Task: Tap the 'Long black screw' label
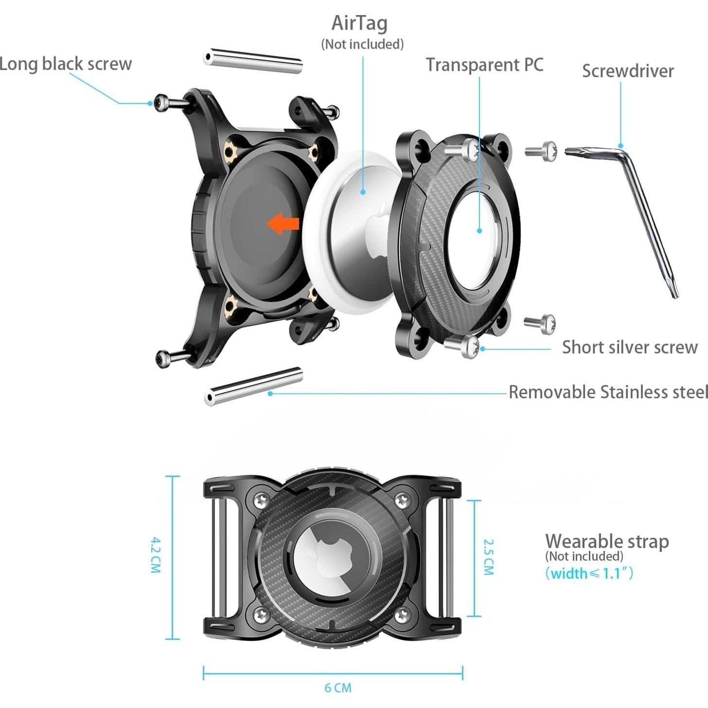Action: (65, 64)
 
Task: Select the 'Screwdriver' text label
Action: (628, 71)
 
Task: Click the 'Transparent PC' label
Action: (484, 65)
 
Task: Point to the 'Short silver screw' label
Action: (630, 347)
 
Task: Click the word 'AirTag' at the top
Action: (359, 23)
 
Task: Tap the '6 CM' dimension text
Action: (337, 688)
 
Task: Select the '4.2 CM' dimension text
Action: (156, 555)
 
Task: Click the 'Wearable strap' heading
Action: (607, 541)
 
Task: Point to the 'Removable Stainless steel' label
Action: (608, 392)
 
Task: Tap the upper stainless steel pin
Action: (253, 61)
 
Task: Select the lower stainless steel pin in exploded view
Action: (253, 386)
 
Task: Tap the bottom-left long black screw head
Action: (162, 358)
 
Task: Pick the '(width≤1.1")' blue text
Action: (589, 573)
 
